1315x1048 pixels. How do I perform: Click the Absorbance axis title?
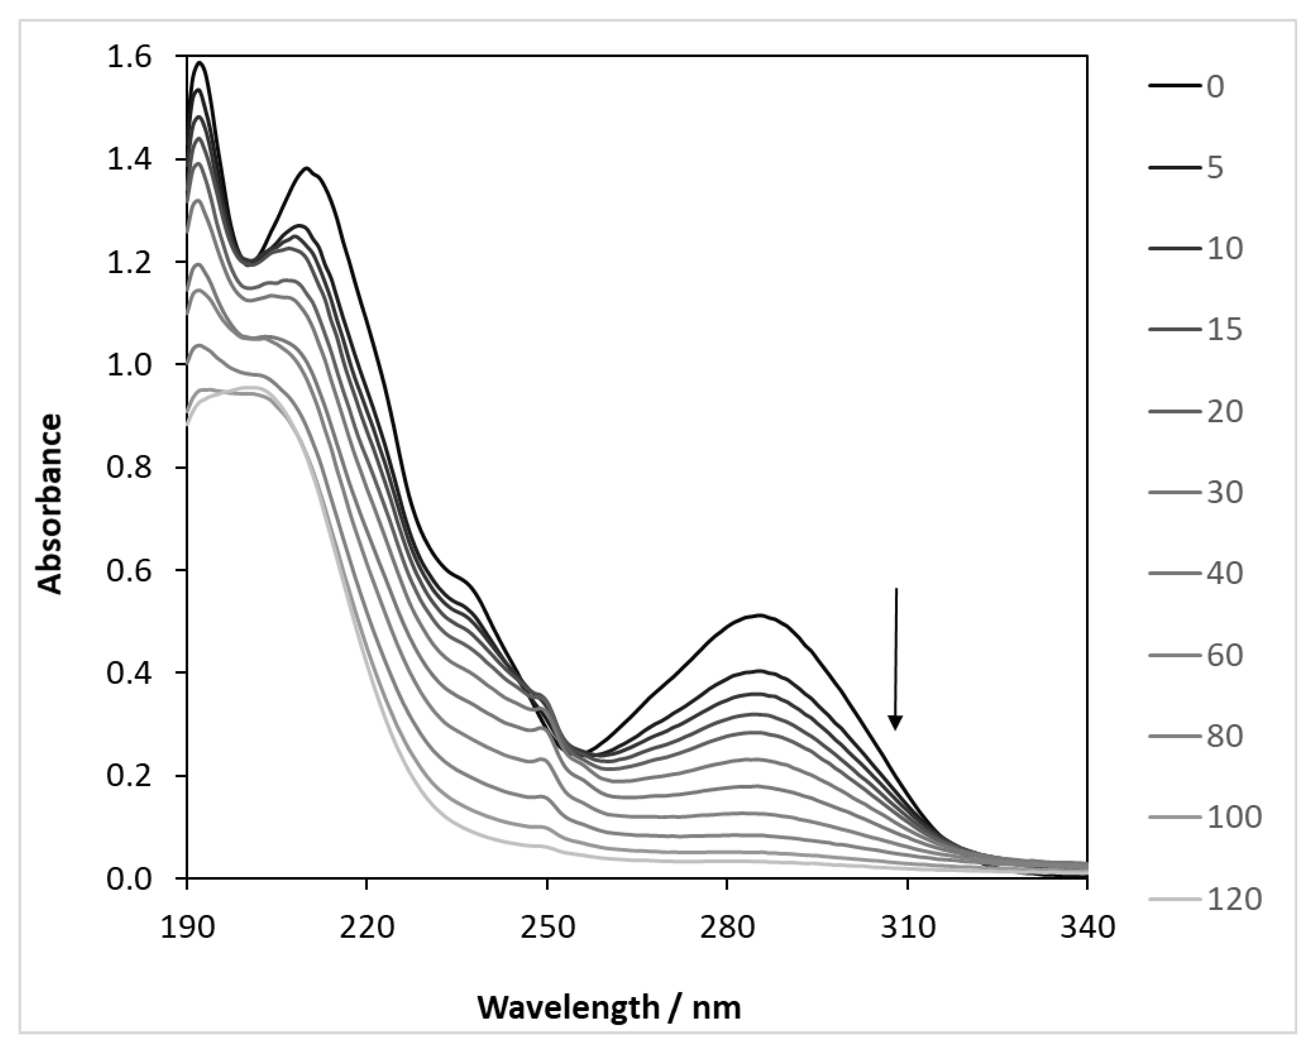coord(50,503)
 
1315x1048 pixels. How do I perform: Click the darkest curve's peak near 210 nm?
coord(307,168)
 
